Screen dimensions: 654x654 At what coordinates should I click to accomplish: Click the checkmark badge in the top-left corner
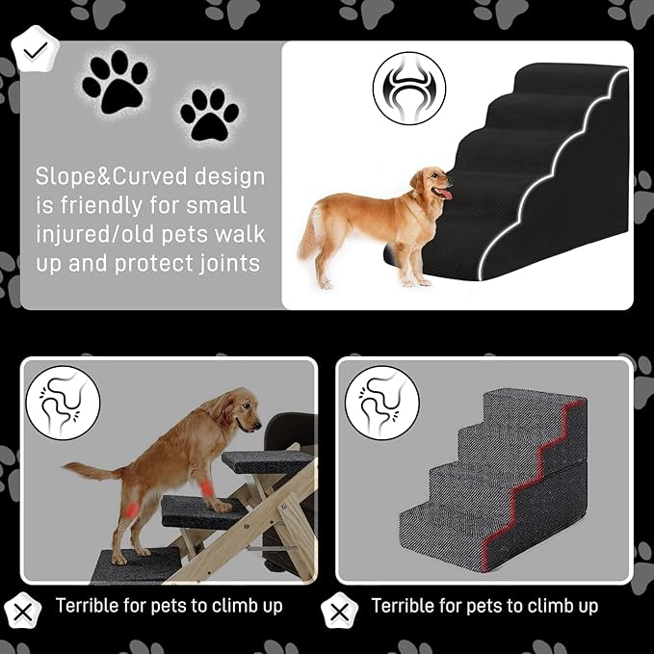click(36, 51)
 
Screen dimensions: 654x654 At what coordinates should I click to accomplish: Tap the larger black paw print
click(115, 83)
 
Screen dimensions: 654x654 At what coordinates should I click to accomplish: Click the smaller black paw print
click(210, 113)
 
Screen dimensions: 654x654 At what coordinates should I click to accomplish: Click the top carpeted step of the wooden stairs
click(265, 460)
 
